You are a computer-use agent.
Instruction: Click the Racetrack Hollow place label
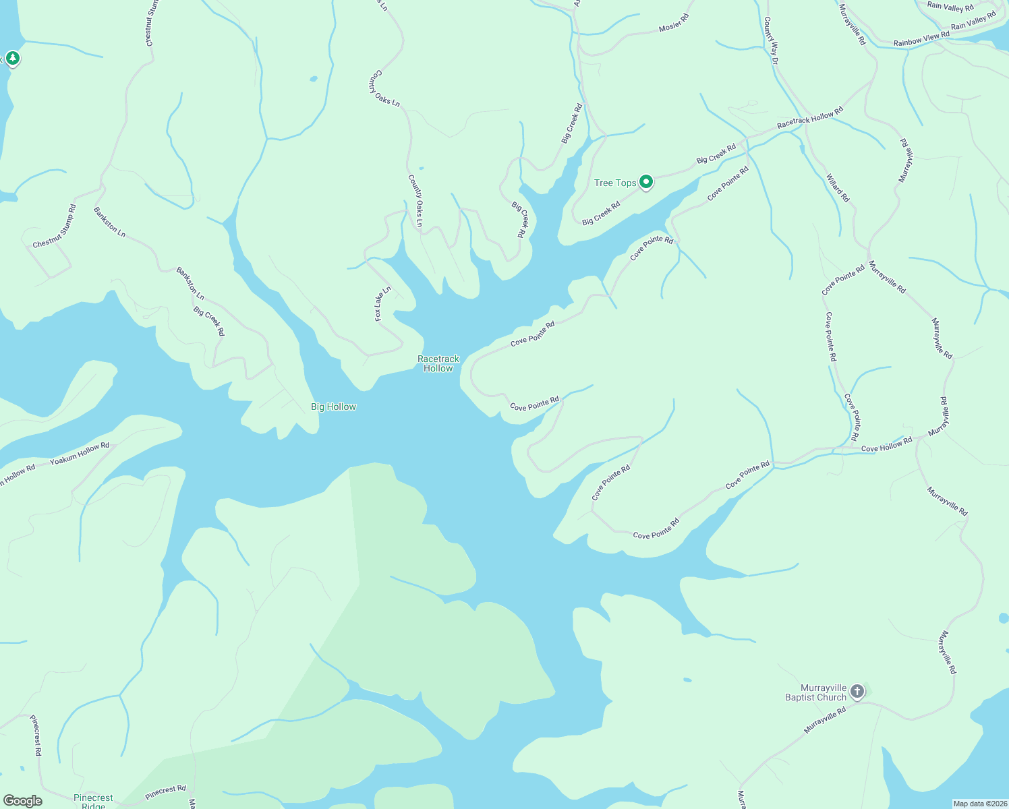click(x=438, y=363)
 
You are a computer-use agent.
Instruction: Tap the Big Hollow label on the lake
click(x=333, y=407)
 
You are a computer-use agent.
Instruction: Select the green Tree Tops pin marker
click(x=646, y=181)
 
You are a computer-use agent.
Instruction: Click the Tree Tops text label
click(x=614, y=183)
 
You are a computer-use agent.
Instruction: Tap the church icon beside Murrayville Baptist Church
click(x=857, y=691)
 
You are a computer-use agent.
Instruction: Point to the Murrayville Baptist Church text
click(x=815, y=693)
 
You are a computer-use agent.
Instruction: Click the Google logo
click(x=22, y=800)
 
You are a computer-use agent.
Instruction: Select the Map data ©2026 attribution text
click(x=979, y=804)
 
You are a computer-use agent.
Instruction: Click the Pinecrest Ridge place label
click(x=93, y=801)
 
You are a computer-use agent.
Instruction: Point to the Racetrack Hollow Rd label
click(x=809, y=118)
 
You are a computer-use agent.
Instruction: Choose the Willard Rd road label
click(x=838, y=188)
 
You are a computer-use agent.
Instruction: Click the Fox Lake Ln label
click(x=383, y=304)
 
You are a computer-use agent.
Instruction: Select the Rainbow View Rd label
click(x=921, y=38)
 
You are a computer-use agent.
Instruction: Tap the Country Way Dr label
click(x=771, y=42)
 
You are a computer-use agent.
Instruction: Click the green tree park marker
click(x=12, y=59)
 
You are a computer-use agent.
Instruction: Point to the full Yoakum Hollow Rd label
click(x=80, y=454)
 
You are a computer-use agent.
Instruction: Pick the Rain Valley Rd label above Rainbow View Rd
click(x=950, y=7)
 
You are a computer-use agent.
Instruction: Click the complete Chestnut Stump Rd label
click(x=55, y=227)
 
